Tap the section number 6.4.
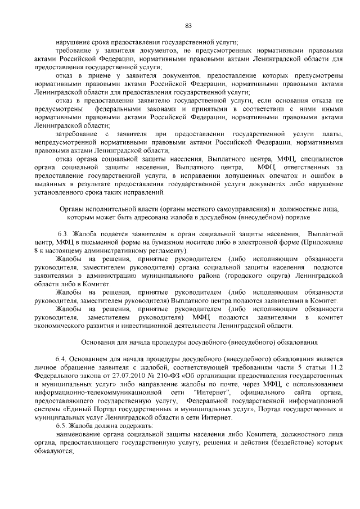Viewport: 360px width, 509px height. [x=61, y=358]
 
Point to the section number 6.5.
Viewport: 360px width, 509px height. [x=61, y=426]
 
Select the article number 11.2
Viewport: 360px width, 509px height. [x=334, y=367]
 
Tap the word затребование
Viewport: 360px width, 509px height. [x=78, y=134]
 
